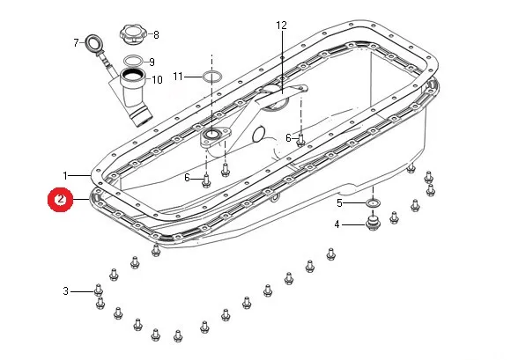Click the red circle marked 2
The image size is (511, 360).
[60, 200]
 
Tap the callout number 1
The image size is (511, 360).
[65, 176]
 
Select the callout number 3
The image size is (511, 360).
[65, 291]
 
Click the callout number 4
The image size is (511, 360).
[337, 224]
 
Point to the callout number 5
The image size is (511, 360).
[339, 203]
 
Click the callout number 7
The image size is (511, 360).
[77, 42]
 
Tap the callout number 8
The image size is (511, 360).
[156, 35]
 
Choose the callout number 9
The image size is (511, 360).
[152, 62]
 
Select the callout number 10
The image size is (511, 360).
[157, 80]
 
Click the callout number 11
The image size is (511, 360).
[178, 77]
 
